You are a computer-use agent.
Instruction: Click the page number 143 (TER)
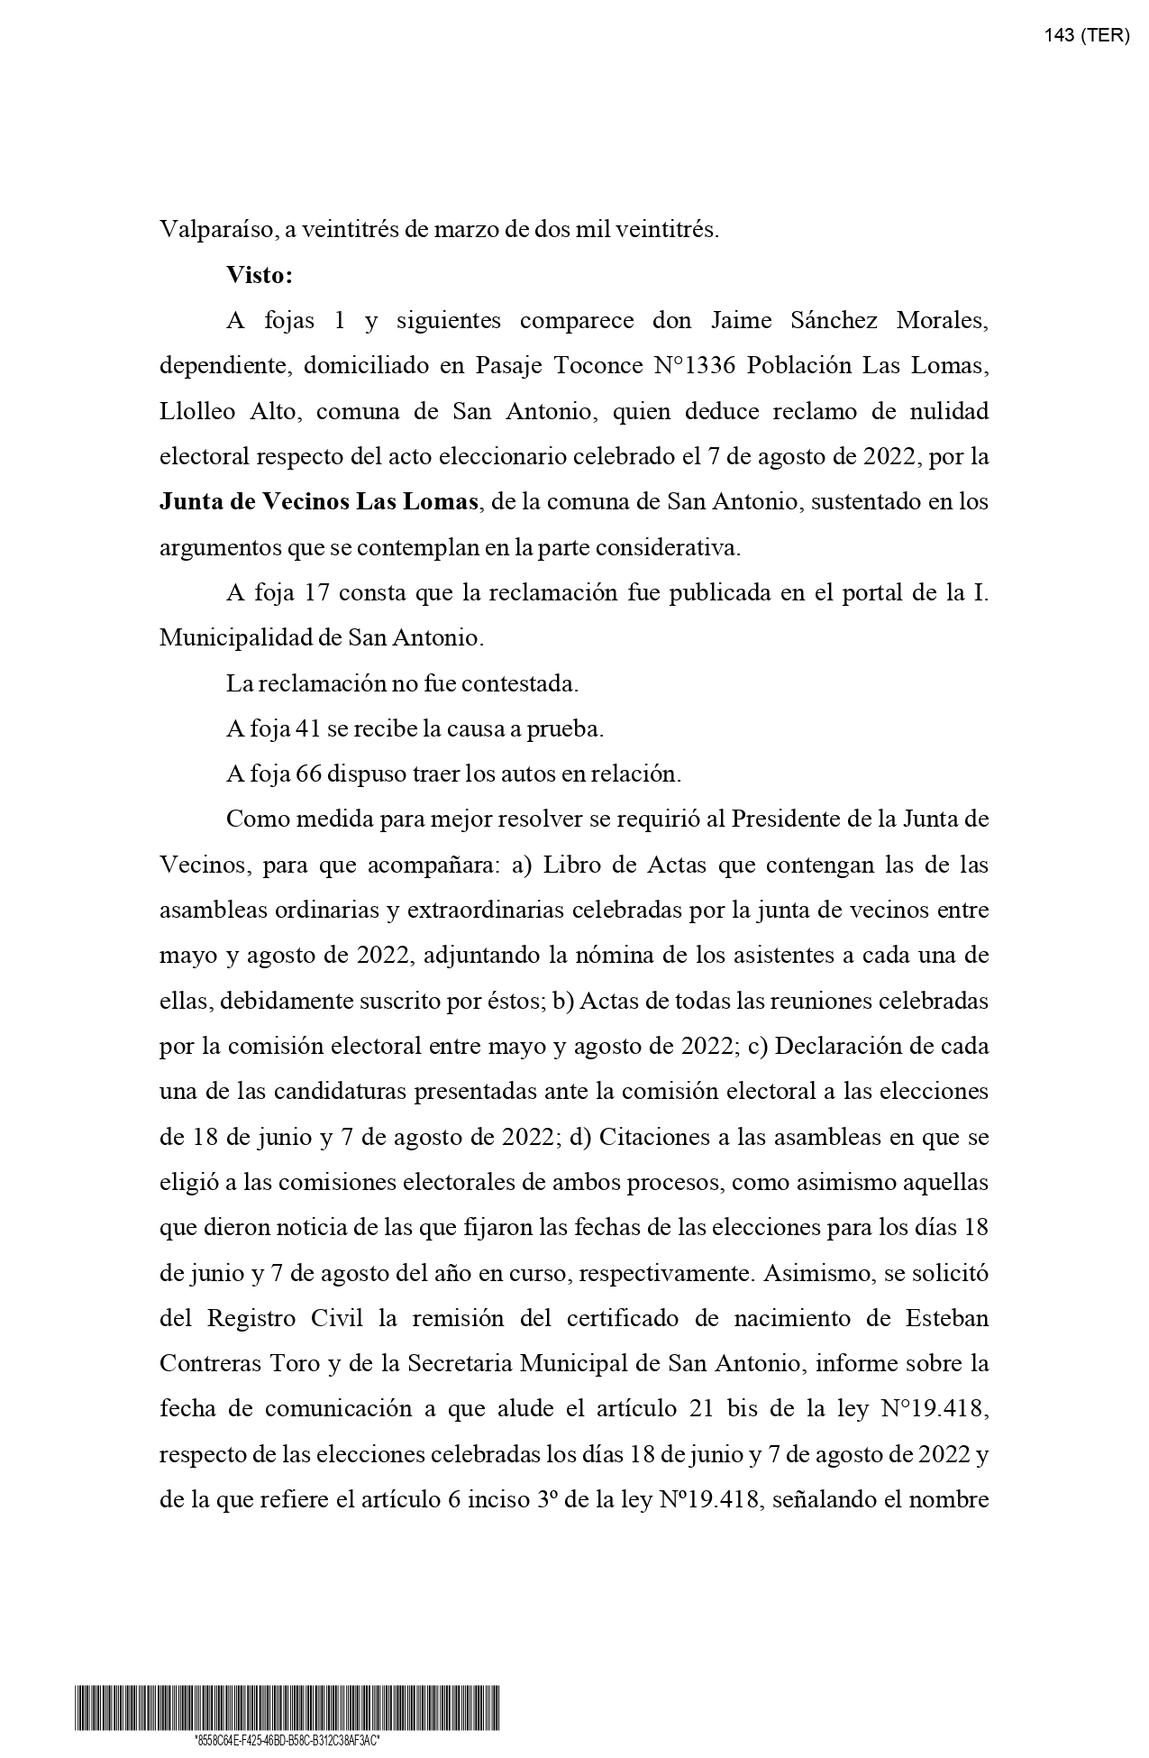click(x=1086, y=36)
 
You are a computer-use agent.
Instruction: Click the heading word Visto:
click(x=260, y=275)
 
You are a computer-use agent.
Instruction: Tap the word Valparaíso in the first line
click(x=217, y=230)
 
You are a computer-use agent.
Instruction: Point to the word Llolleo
click(x=197, y=411)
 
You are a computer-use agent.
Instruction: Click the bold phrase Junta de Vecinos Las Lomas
click(x=319, y=501)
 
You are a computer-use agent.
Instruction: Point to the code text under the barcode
click(x=287, y=1741)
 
